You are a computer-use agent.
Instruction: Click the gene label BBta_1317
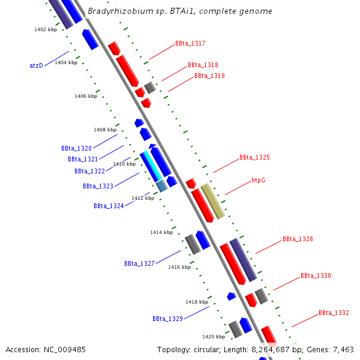click(190, 44)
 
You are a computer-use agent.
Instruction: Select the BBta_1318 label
click(203, 65)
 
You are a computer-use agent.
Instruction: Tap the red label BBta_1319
click(209, 76)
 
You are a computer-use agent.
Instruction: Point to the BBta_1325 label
click(254, 158)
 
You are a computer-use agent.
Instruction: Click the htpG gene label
click(259, 180)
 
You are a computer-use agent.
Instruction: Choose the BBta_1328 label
click(298, 239)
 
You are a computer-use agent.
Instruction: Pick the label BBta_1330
click(316, 276)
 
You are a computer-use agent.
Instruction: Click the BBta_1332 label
click(334, 313)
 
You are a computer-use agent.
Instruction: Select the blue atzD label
click(36, 66)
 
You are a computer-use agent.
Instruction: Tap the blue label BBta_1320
click(76, 148)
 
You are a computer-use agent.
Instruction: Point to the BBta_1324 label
click(109, 206)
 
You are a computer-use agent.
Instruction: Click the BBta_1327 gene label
click(139, 264)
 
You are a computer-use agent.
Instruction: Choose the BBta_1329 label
click(167, 319)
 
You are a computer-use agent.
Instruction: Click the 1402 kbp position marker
click(46, 29)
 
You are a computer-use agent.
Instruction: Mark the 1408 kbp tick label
click(105, 130)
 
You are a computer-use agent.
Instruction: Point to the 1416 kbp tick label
click(179, 267)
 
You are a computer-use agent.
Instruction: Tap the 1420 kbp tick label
click(214, 337)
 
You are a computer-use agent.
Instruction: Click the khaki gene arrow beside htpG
click(212, 201)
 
